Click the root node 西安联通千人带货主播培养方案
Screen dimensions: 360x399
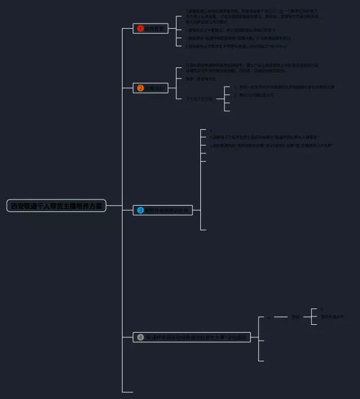click(x=56, y=206)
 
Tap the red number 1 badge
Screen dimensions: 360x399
click(x=141, y=29)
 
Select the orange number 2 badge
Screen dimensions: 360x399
click(x=141, y=88)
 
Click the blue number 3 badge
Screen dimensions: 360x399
click(x=141, y=210)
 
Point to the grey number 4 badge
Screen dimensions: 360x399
click(x=141, y=337)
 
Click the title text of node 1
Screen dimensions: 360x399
click(x=154, y=29)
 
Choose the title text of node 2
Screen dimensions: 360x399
click(x=155, y=88)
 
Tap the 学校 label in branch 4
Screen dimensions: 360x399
click(x=296, y=318)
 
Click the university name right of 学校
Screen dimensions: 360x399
click(x=332, y=317)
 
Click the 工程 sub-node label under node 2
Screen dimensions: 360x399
click(x=200, y=99)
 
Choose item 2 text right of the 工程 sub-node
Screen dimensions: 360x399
click(x=256, y=95)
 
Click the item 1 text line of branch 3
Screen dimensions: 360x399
click(x=264, y=137)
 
